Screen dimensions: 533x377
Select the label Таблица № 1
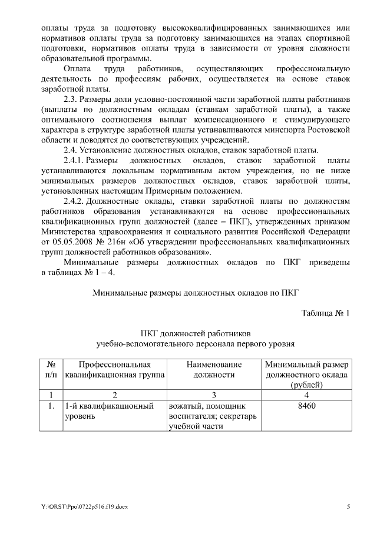pos(326,313)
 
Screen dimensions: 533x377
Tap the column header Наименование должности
pos(213,369)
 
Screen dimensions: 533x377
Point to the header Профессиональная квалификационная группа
pos(115,369)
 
